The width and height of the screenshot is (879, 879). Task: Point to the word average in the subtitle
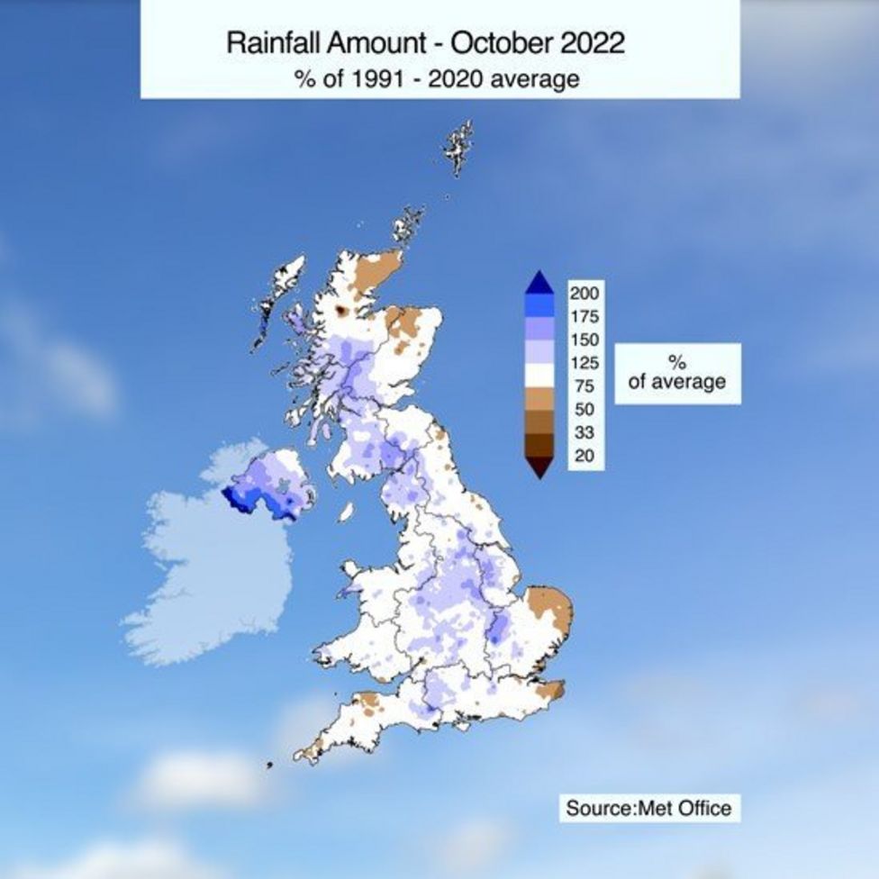(539, 78)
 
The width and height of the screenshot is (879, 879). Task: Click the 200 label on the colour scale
(585, 293)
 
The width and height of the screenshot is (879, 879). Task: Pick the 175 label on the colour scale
(585, 316)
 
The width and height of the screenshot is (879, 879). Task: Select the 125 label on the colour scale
(585, 363)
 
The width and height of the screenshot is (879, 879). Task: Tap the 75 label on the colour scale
(585, 385)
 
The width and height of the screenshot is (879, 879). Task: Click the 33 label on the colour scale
(585, 432)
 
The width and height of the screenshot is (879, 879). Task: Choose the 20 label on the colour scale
(585, 456)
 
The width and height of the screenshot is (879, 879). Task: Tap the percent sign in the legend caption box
(677, 362)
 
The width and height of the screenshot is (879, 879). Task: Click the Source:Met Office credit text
(648, 808)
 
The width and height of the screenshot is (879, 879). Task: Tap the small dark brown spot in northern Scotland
(341, 311)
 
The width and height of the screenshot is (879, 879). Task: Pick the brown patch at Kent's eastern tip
(551, 692)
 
